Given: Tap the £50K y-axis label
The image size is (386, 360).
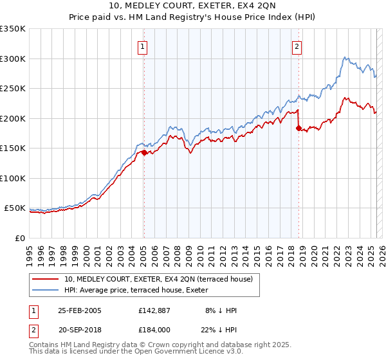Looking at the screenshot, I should tap(15, 208).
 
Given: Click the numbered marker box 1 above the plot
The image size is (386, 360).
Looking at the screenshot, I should tap(142, 46).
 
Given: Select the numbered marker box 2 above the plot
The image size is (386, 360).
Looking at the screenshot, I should tap(297, 46).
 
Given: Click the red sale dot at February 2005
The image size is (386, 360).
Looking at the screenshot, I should tap(144, 152).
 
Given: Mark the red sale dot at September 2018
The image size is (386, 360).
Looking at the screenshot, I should tap(299, 128).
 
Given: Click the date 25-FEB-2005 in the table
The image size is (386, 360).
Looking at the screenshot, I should tap(80, 310).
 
